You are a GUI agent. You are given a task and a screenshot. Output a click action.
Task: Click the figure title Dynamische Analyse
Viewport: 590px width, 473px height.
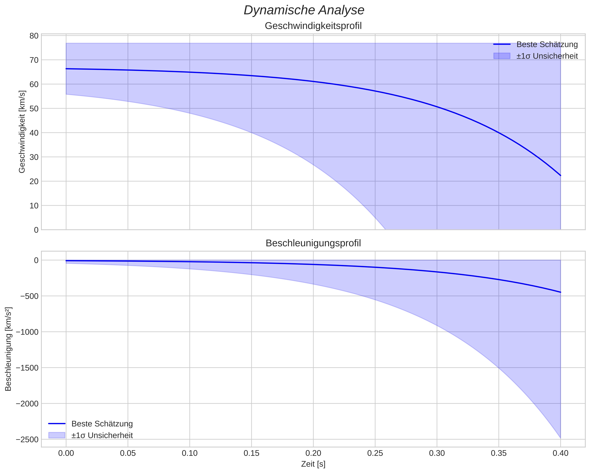[x=304, y=10]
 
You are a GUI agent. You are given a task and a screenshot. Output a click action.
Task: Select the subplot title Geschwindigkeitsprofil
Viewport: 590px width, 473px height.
[x=313, y=26]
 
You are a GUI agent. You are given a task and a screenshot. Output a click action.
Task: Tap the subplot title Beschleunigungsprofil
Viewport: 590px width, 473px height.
[x=313, y=243]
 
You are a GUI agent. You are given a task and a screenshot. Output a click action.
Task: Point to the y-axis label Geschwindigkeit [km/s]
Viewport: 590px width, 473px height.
[x=22, y=132]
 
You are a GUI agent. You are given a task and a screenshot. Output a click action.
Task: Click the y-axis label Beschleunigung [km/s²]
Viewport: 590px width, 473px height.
[x=8, y=349]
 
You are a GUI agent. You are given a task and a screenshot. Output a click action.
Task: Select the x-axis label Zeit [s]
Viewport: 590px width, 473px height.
[x=313, y=464]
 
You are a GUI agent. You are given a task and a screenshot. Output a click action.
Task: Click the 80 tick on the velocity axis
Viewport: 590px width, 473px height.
[x=34, y=36]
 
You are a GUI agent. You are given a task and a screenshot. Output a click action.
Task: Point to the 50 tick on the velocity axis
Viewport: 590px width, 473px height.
[x=34, y=109]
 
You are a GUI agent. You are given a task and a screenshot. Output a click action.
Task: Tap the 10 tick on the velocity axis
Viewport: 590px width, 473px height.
[x=34, y=205]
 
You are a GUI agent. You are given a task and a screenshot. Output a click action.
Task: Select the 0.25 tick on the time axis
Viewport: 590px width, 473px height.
[x=375, y=453]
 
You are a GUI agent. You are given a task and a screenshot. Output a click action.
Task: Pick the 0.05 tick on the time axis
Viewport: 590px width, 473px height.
[x=128, y=453]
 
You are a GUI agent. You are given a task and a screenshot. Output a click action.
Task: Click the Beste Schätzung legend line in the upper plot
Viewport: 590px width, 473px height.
[x=502, y=44]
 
